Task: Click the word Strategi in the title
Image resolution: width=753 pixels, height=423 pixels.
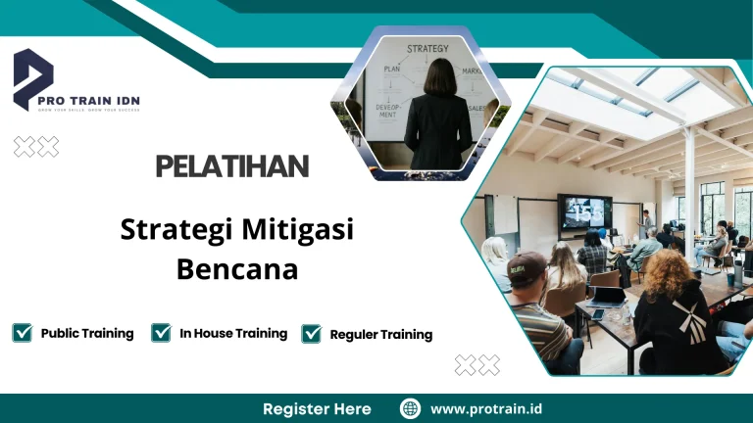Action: pos(176,231)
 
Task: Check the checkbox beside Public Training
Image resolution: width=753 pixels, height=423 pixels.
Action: pos(22,333)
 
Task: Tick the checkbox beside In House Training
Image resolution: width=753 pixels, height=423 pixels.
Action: pos(162,333)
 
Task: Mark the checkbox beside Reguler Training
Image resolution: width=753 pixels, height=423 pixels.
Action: pos(312,334)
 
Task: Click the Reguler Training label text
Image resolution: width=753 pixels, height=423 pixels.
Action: pos(380,335)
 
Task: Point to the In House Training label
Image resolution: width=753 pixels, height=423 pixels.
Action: pos(233,333)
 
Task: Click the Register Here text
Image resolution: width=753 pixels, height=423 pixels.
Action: pos(317,408)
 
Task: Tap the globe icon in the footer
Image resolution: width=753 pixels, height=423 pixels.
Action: pos(411,408)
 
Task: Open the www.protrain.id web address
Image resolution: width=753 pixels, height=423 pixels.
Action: pos(486,408)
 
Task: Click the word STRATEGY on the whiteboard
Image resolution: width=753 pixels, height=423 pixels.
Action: pos(427,48)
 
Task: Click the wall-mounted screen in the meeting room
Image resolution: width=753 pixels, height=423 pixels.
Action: pos(584,211)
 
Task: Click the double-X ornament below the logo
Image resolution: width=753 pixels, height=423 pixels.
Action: pos(35,147)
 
